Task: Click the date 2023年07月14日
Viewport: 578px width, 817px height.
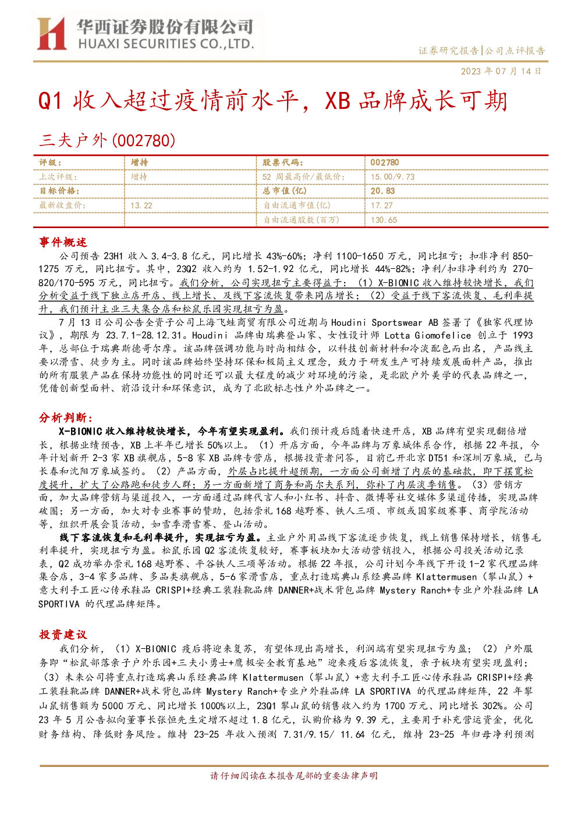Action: (501, 71)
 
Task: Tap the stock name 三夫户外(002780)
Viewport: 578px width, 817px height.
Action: (107, 141)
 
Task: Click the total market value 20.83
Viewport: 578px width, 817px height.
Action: (382, 191)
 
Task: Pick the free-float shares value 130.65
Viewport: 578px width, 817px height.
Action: (384, 219)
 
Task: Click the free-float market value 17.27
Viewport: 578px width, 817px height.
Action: (382, 205)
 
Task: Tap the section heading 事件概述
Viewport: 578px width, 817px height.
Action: (63, 242)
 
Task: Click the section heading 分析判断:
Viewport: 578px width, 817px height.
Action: (66, 418)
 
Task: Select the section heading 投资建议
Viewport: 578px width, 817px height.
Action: (63, 635)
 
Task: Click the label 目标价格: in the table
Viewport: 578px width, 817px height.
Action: (59, 191)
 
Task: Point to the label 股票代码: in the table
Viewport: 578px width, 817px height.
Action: (282, 162)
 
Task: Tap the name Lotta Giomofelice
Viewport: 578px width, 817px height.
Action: (428, 336)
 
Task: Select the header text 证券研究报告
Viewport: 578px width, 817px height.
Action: (448, 50)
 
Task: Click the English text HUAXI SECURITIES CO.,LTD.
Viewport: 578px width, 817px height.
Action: (166, 44)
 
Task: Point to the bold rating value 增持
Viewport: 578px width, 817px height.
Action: (139, 162)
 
